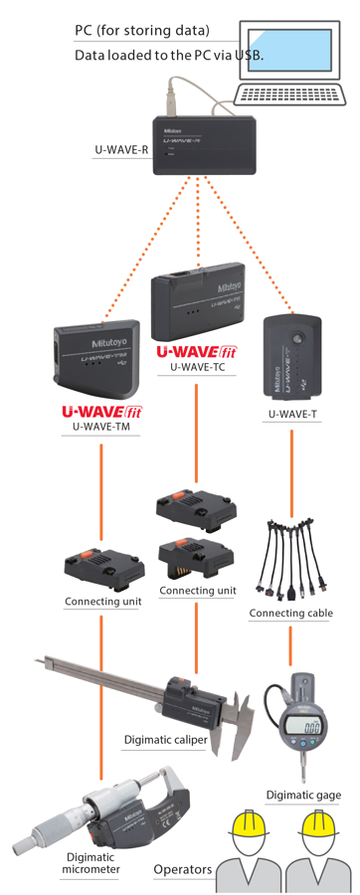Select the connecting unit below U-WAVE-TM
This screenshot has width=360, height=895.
[x=103, y=566]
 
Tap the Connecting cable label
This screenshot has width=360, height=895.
[x=290, y=614]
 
